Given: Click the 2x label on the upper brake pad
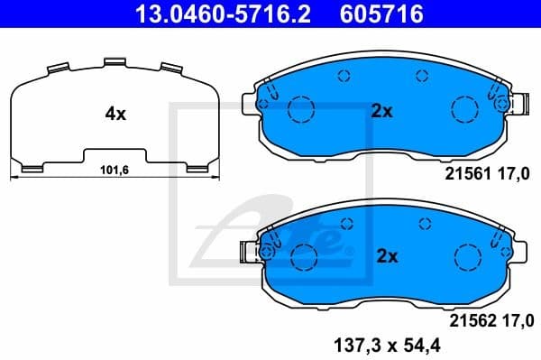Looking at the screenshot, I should click(381, 112).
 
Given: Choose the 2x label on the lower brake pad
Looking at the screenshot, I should click(386, 256).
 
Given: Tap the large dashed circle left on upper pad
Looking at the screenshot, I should click(298, 110).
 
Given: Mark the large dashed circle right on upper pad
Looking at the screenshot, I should click(463, 110).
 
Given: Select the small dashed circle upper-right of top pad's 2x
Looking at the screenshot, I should click(420, 77).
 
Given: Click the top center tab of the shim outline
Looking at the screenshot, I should click(114, 62).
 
